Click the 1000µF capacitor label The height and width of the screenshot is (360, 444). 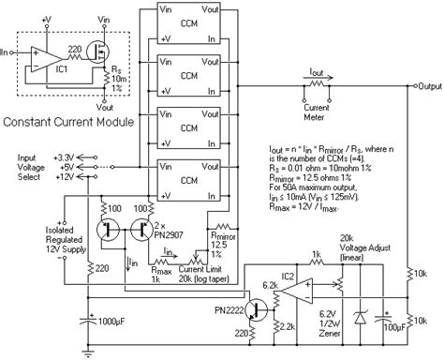(x=117, y=322)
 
